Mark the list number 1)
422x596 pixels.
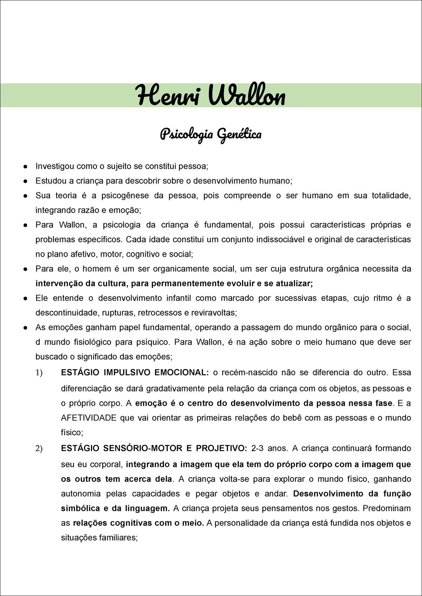(x=39, y=373)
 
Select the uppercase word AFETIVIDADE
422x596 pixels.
(x=89, y=418)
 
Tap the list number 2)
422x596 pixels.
(x=39, y=449)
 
